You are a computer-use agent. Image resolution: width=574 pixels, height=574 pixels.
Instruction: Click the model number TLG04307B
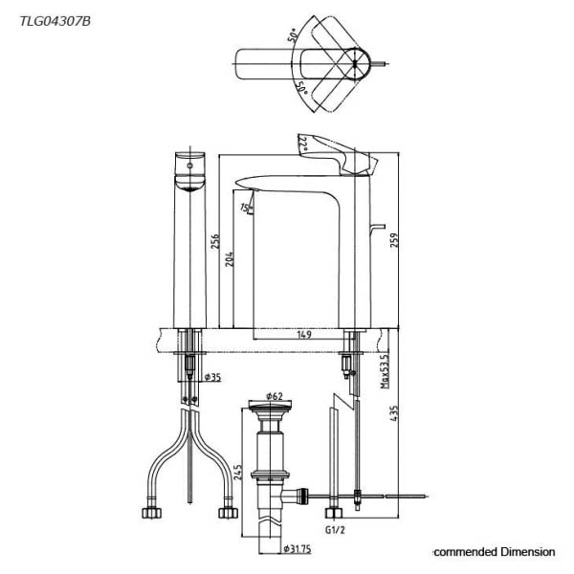[55, 22]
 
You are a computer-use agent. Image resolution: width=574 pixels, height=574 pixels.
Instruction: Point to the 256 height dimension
[215, 242]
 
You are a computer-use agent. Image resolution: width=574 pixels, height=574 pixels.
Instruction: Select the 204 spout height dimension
[230, 259]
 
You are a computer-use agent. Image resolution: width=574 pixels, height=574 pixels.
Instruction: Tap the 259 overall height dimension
[394, 240]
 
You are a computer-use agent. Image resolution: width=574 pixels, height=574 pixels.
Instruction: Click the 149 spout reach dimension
[304, 334]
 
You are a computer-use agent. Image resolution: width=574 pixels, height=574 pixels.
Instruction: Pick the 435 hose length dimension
[394, 413]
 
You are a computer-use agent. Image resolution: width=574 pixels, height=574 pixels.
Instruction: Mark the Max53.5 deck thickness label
[385, 371]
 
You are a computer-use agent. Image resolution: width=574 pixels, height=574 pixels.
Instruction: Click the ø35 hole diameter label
[213, 377]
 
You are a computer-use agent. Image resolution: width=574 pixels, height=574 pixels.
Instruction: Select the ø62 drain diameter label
[275, 396]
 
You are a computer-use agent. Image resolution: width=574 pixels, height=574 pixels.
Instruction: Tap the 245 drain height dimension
[238, 473]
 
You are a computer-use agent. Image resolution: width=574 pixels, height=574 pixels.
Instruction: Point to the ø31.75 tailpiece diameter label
[298, 549]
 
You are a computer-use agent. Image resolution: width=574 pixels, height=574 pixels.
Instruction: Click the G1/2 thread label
[335, 529]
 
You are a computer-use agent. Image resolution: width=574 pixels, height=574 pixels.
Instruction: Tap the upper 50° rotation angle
[293, 36]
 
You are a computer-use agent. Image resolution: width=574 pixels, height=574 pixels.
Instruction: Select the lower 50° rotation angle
[301, 87]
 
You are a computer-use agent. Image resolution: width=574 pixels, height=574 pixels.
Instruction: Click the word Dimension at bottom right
[528, 551]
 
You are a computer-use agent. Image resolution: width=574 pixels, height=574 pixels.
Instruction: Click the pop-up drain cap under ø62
[270, 405]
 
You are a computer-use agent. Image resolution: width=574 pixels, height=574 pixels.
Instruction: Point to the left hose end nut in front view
[151, 513]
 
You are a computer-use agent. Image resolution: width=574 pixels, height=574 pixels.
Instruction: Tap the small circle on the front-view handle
[189, 166]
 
